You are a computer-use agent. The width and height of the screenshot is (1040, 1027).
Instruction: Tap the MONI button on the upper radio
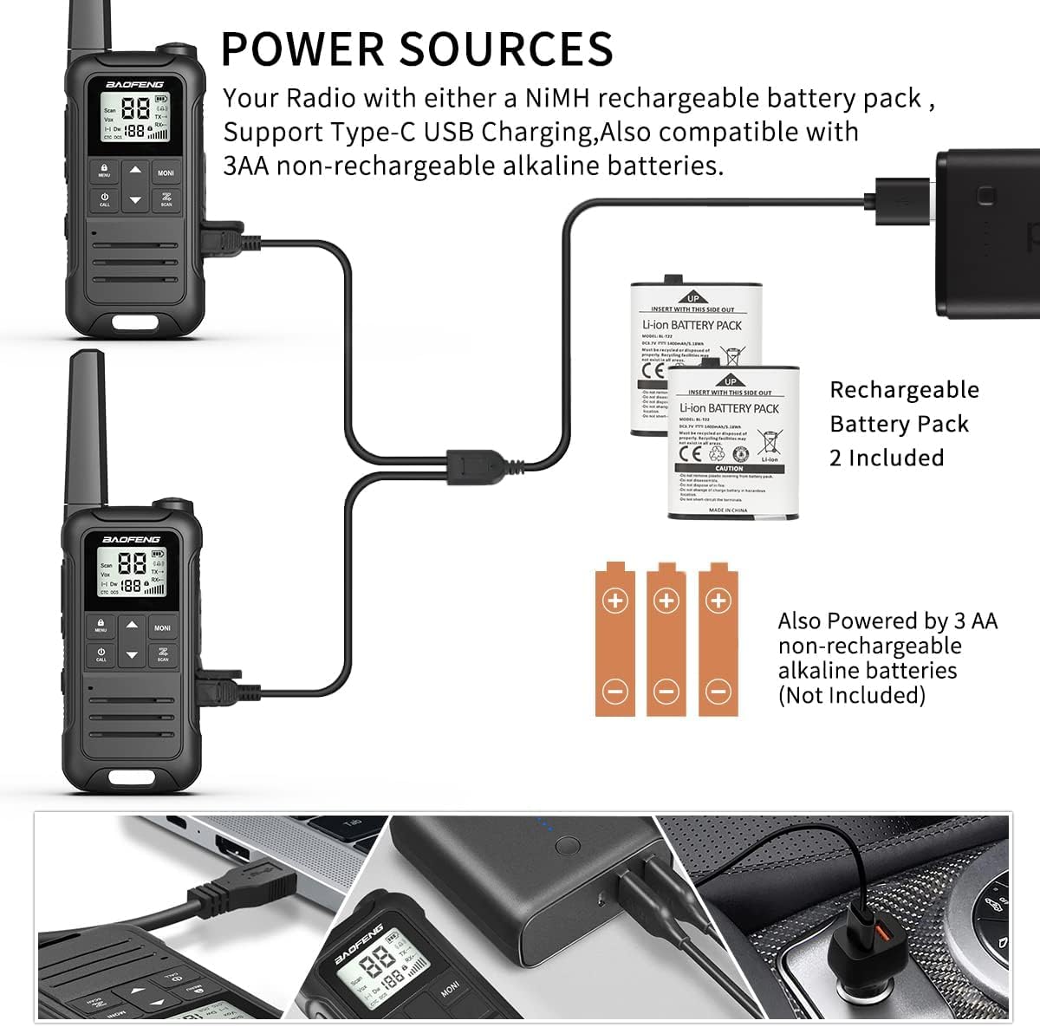point(166,172)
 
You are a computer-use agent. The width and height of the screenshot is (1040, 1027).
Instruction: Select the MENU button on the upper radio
point(104,170)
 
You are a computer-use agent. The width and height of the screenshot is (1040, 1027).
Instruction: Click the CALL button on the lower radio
point(101,654)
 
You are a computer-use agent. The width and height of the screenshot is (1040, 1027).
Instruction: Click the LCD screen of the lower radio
point(132,574)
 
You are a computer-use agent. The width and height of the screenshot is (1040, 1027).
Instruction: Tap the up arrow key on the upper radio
point(134,171)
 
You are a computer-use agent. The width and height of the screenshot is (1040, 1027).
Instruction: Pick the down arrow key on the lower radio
point(132,655)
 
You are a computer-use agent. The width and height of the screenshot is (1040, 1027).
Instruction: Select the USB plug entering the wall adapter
point(901,194)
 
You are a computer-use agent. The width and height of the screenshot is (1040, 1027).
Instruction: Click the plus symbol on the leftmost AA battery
point(615,601)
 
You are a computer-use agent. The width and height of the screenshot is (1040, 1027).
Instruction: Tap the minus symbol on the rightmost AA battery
point(718,691)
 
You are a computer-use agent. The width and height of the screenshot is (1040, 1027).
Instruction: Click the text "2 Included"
point(886,458)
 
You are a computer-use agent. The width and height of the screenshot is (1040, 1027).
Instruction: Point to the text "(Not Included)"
point(851,695)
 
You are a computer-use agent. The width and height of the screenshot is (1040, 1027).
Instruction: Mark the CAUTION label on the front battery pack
point(729,468)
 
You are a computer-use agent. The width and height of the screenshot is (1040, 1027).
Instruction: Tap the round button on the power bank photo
point(568,845)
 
